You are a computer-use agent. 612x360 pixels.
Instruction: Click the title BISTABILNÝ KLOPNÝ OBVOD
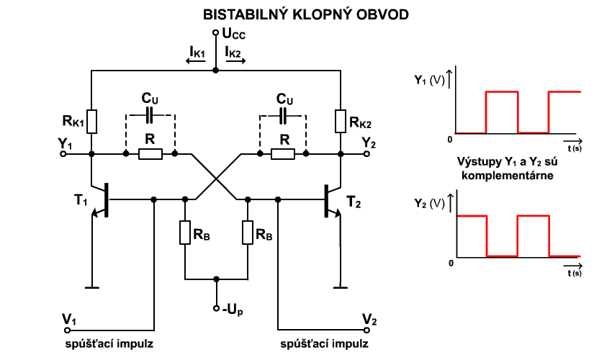click(x=305, y=14)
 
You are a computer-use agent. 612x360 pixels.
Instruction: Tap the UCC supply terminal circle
click(x=215, y=33)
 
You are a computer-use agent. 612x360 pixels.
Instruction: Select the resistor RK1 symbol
click(x=91, y=122)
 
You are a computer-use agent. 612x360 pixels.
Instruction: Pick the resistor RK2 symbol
click(x=341, y=122)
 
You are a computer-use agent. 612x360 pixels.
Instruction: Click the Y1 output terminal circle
click(x=63, y=154)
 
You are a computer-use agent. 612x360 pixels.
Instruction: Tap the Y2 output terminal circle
click(x=366, y=154)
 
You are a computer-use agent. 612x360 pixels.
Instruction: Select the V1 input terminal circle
click(x=68, y=330)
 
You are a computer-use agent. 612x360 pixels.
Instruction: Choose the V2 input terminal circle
click(x=366, y=330)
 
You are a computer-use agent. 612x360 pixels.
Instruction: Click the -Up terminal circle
click(x=216, y=308)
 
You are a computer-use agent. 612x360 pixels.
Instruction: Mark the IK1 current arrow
click(x=196, y=61)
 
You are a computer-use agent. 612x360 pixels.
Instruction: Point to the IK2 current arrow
click(x=236, y=61)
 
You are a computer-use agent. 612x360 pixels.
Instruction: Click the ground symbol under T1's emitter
click(x=92, y=288)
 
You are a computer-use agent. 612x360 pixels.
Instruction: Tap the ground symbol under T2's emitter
click(x=341, y=288)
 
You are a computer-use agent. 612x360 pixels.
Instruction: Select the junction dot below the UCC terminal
click(x=215, y=71)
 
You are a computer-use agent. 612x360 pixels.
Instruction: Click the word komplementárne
click(x=508, y=175)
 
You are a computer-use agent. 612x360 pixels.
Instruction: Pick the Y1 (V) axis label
click(x=429, y=81)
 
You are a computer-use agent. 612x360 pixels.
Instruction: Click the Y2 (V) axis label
click(x=429, y=203)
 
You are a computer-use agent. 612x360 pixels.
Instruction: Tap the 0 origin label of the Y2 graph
click(x=451, y=264)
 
